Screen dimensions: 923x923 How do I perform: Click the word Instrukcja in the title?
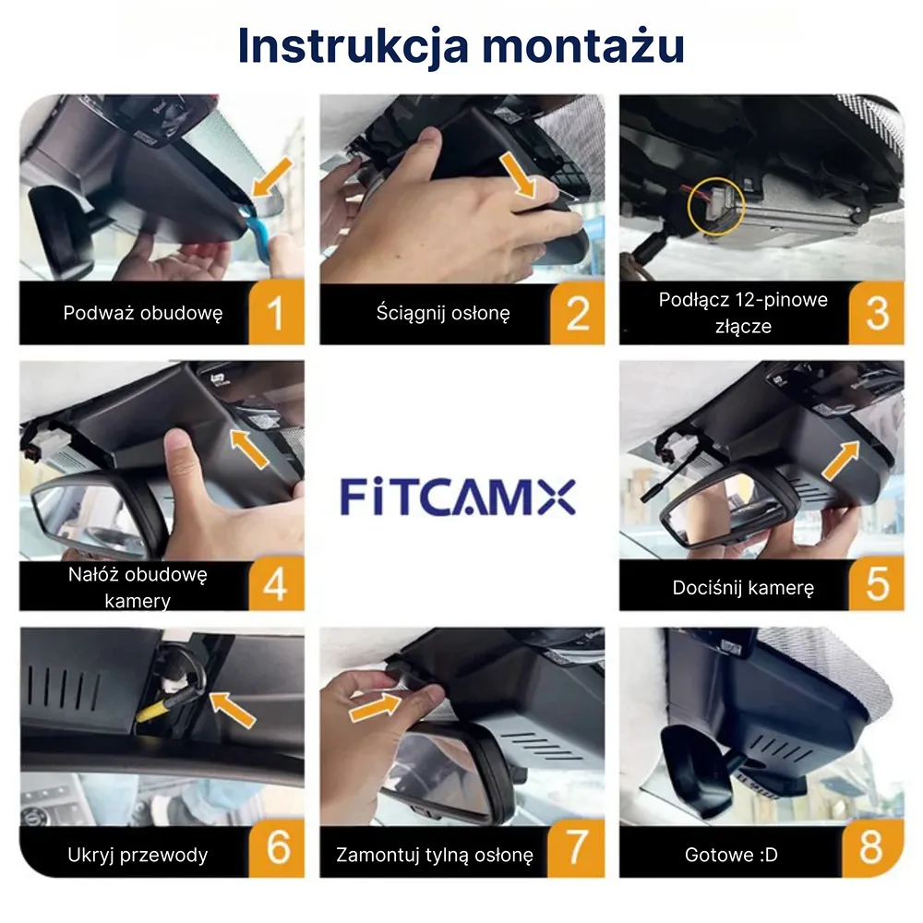pos(354,46)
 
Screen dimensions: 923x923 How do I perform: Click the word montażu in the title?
pos(583,46)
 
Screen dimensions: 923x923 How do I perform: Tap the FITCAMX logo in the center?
pos(458,497)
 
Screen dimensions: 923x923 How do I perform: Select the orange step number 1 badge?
pos(276,313)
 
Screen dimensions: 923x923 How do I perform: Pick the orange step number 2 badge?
pos(577,313)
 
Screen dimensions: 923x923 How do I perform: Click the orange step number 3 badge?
pos(877,313)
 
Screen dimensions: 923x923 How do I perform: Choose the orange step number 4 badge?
pos(276,584)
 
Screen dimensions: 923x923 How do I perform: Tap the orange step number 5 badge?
pos(877,584)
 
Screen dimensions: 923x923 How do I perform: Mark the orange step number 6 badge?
pos(277,847)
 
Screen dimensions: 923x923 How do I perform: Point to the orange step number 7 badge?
pos(577,847)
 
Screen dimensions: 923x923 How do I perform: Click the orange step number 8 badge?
pos(872,847)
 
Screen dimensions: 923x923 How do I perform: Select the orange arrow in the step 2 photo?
pos(517,174)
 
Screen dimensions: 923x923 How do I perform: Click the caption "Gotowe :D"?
pos(730,855)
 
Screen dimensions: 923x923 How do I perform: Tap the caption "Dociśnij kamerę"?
pos(743,587)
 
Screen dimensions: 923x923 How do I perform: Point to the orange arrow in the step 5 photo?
pos(841,461)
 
